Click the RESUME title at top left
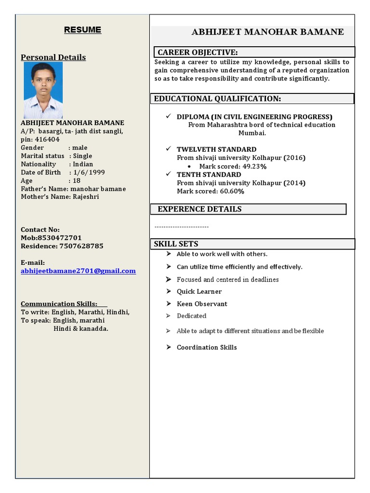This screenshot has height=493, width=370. (x=83, y=30)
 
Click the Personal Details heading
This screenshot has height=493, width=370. (x=53, y=57)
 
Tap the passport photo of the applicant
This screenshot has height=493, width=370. (x=43, y=90)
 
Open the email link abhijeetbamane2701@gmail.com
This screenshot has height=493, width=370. (x=78, y=271)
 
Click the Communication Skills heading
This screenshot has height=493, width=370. (x=59, y=304)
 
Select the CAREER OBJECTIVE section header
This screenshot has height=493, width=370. (x=198, y=52)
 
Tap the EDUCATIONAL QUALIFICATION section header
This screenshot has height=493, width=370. (x=217, y=99)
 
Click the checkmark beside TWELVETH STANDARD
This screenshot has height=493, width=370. (x=168, y=149)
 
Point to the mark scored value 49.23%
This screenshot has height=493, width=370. (x=253, y=167)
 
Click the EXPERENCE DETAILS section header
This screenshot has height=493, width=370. (x=199, y=209)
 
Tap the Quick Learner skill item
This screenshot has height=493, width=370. (x=199, y=291)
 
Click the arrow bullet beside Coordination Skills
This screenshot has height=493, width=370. (x=168, y=347)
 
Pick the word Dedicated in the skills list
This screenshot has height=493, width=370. (x=191, y=316)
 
